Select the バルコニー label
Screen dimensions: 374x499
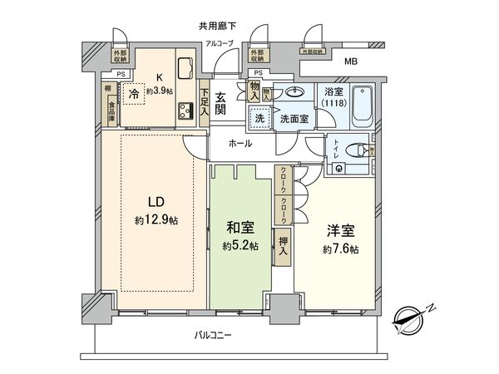(x=214, y=336)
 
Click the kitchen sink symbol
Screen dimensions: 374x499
(x=185, y=66)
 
